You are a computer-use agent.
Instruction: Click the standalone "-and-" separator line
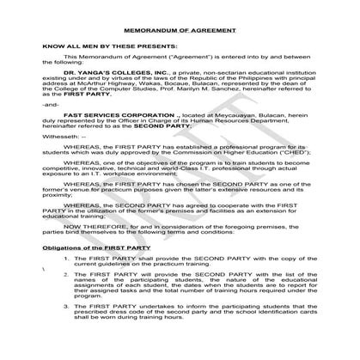[51, 103]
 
